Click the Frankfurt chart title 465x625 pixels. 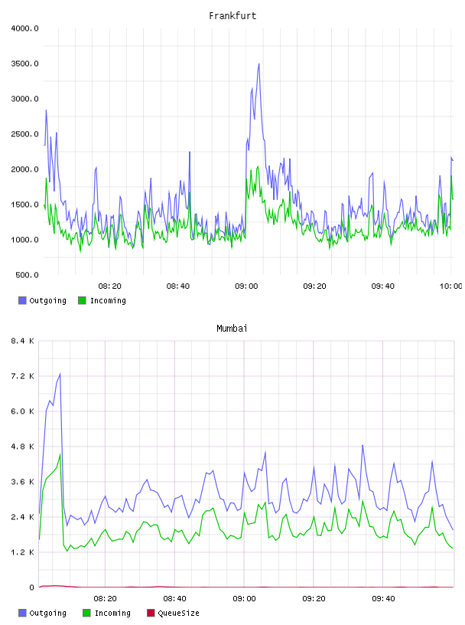pyautogui.click(x=232, y=16)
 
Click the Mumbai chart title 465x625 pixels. pyautogui.click(x=232, y=329)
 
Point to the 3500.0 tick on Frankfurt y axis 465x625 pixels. pyautogui.click(x=24, y=64)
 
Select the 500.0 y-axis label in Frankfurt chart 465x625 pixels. pyautogui.click(x=27, y=275)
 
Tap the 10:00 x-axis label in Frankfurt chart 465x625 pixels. pyautogui.click(x=450, y=286)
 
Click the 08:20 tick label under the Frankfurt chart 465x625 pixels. pyautogui.click(x=110, y=286)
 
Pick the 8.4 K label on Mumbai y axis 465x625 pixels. pyautogui.click(x=23, y=341)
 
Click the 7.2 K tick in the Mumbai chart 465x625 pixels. pyautogui.click(x=23, y=376)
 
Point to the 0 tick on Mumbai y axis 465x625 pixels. pyautogui.click(x=32, y=587)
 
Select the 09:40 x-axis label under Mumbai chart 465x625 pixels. pyautogui.click(x=383, y=599)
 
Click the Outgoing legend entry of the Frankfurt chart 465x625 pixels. pyautogui.click(x=42, y=300)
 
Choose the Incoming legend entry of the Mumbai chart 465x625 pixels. pyautogui.click(x=106, y=613)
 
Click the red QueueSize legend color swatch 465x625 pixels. pyautogui.click(x=151, y=613)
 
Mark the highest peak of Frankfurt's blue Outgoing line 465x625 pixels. pyautogui.click(x=259, y=64)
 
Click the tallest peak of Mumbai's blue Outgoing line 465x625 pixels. pyautogui.click(x=60, y=374)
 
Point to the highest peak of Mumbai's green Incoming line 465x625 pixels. pyautogui.click(x=60, y=454)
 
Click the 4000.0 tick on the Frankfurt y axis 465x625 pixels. pyautogui.click(x=24, y=28)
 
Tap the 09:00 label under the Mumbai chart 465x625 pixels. pyautogui.click(x=245, y=599)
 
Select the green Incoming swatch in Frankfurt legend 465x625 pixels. pyautogui.click(x=82, y=300)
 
